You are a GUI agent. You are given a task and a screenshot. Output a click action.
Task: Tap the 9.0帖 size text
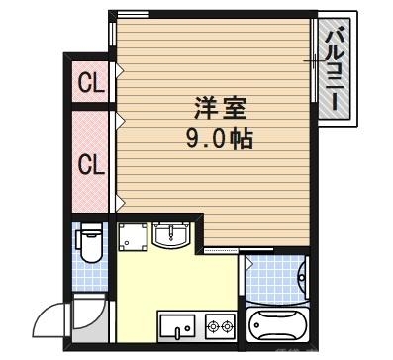(x=218, y=137)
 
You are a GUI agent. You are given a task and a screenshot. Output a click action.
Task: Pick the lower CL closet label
(x=90, y=163)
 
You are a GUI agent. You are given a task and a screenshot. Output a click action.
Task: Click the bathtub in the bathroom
(x=278, y=324)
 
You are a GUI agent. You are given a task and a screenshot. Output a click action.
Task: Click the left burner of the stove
(x=211, y=325)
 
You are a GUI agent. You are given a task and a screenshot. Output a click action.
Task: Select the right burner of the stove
(x=226, y=325)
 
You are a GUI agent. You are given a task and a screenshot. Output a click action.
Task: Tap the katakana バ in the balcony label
(x=337, y=35)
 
